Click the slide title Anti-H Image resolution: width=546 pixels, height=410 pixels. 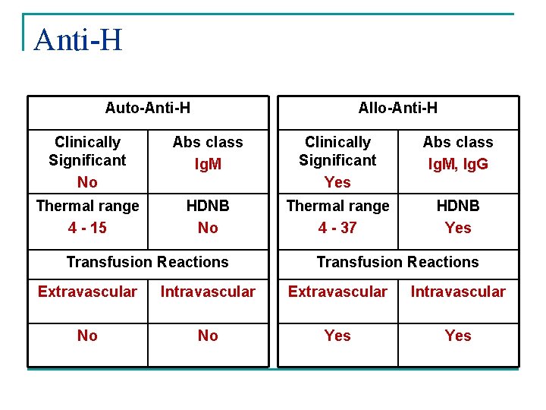(77, 39)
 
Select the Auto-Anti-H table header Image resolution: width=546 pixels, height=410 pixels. (147, 108)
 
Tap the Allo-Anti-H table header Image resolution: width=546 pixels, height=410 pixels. (397, 108)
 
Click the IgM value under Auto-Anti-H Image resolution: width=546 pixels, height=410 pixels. (208, 164)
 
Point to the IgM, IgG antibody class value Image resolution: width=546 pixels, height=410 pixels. (458, 164)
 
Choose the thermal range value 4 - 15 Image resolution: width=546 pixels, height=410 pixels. (87, 228)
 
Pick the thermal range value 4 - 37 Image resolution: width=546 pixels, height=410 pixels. (337, 228)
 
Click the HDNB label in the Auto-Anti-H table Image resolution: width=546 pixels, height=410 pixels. (208, 206)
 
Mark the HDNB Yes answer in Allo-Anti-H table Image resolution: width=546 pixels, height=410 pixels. (458, 228)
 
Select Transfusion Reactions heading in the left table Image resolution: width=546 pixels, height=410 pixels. (147, 262)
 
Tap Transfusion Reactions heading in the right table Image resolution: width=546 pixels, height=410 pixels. (397, 262)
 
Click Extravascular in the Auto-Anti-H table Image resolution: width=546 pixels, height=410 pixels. (87, 292)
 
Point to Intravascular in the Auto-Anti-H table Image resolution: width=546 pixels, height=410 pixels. (208, 292)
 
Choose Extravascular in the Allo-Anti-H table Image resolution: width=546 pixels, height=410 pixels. (337, 292)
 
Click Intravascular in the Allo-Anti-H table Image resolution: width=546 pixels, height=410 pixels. (458, 292)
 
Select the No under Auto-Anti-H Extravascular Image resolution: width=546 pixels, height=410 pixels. (87, 336)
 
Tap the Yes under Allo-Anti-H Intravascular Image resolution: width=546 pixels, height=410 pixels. (458, 336)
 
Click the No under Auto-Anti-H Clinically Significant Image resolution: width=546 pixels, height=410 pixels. (87, 182)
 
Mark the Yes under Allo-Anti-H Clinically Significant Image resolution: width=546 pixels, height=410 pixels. (337, 182)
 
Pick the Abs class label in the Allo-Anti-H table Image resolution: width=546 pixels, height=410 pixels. (458, 142)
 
